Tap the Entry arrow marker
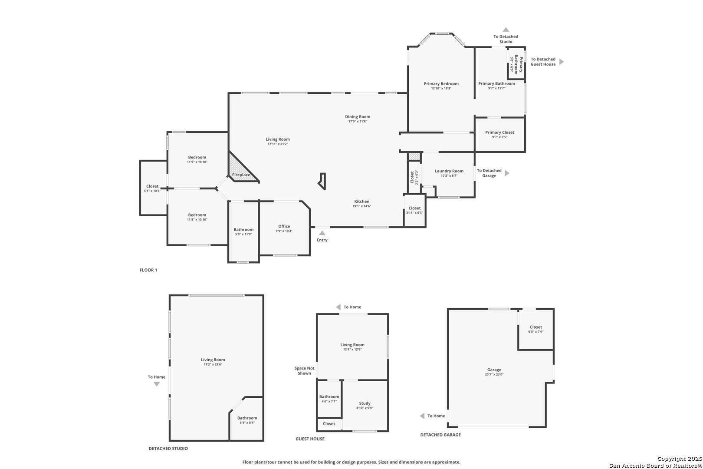click(x=322, y=233)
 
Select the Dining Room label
click(x=358, y=116)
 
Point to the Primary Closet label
click(x=499, y=132)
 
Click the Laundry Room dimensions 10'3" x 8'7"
click(x=449, y=175)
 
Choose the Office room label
click(x=284, y=226)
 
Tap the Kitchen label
click(x=361, y=201)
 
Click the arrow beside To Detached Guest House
click(x=562, y=62)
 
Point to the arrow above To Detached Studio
click(x=506, y=30)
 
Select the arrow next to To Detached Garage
click(x=506, y=173)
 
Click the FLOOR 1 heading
click(x=148, y=270)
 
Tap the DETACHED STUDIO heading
click(x=168, y=448)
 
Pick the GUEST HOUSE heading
click(x=310, y=439)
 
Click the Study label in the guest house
click(x=365, y=403)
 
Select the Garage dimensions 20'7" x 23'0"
click(x=494, y=374)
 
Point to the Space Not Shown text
click(x=304, y=371)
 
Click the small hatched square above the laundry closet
click(x=414, y=156)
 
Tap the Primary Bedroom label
click(x=441, y=83)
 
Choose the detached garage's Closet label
click(x=536, y=327)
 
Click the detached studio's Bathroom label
click(x=247, y=418)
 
